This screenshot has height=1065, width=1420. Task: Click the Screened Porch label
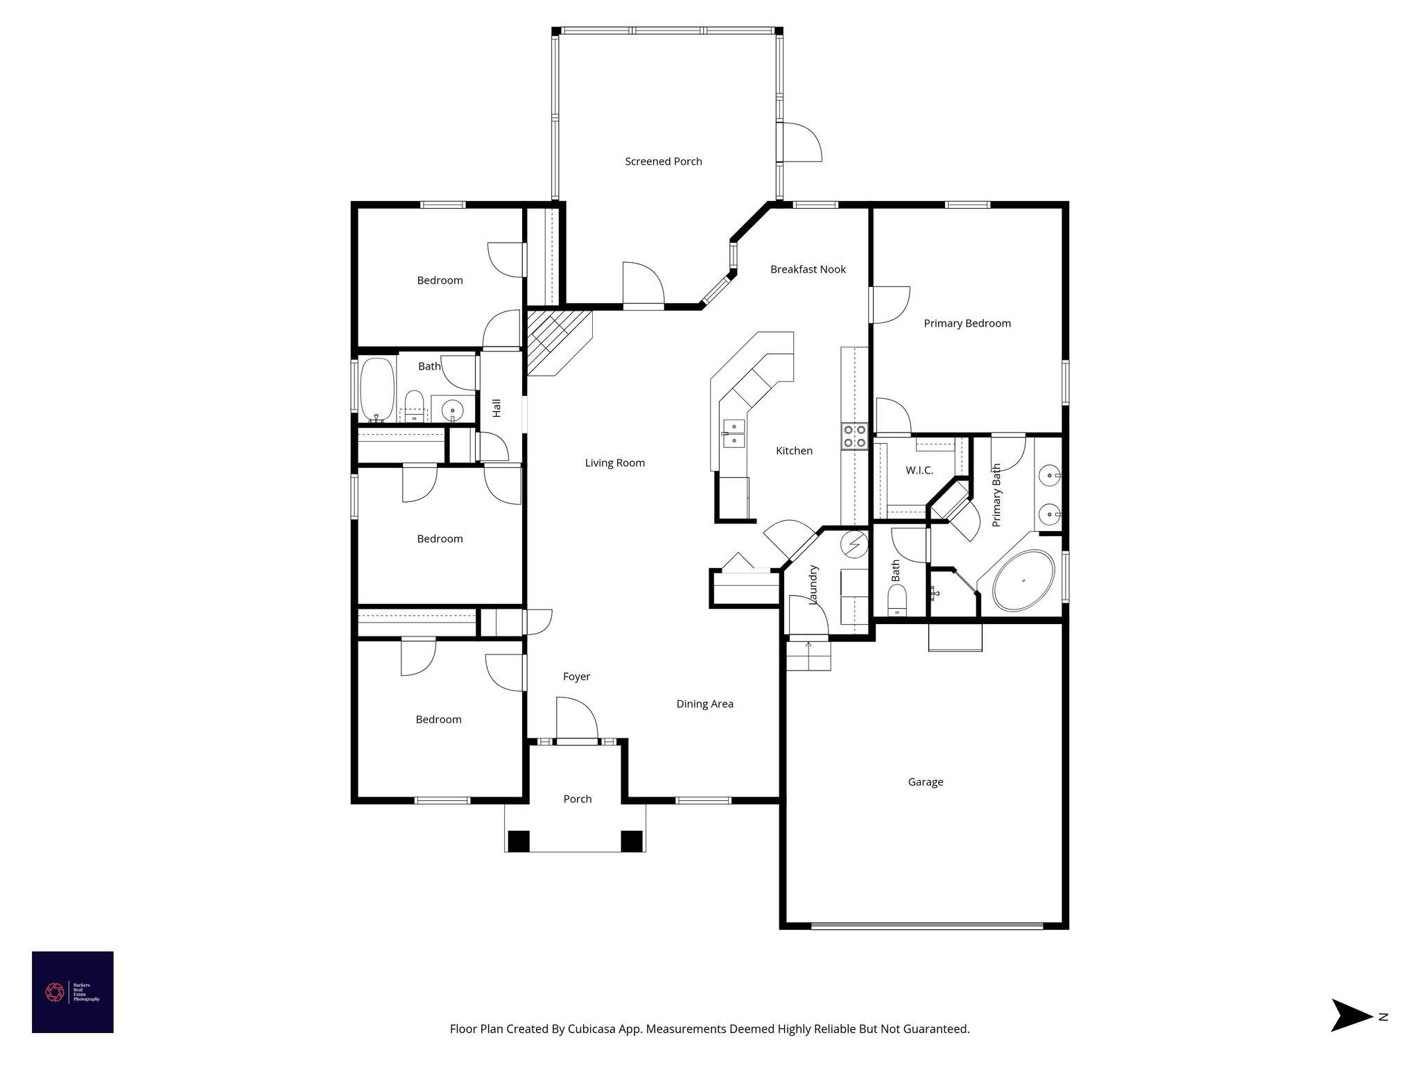click(663, 162)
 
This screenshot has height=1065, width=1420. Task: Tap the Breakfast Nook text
click(808, 269)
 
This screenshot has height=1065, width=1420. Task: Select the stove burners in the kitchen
click(854, 435)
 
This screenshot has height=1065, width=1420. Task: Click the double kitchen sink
click(733, 433)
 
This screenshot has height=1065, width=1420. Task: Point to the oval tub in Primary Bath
click(1023, 580)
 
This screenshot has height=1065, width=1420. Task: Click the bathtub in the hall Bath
click(377, 390)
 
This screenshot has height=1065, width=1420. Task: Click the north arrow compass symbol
click(1352, 1016)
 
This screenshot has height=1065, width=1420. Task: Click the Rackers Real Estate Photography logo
click(73, 992)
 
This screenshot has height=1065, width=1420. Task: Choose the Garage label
click(925, 782)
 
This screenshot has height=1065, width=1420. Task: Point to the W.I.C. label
click(919, 470)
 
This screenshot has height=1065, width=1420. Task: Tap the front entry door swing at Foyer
click(578, 720)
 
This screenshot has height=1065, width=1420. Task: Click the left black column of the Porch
click(519, 840)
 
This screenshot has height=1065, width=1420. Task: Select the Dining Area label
click(704, 704)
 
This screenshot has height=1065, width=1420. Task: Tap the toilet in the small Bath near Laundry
click(897, 599)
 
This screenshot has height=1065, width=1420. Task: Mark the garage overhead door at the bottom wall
click(926, 925)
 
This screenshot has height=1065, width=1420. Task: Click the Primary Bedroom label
click(967, 323)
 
